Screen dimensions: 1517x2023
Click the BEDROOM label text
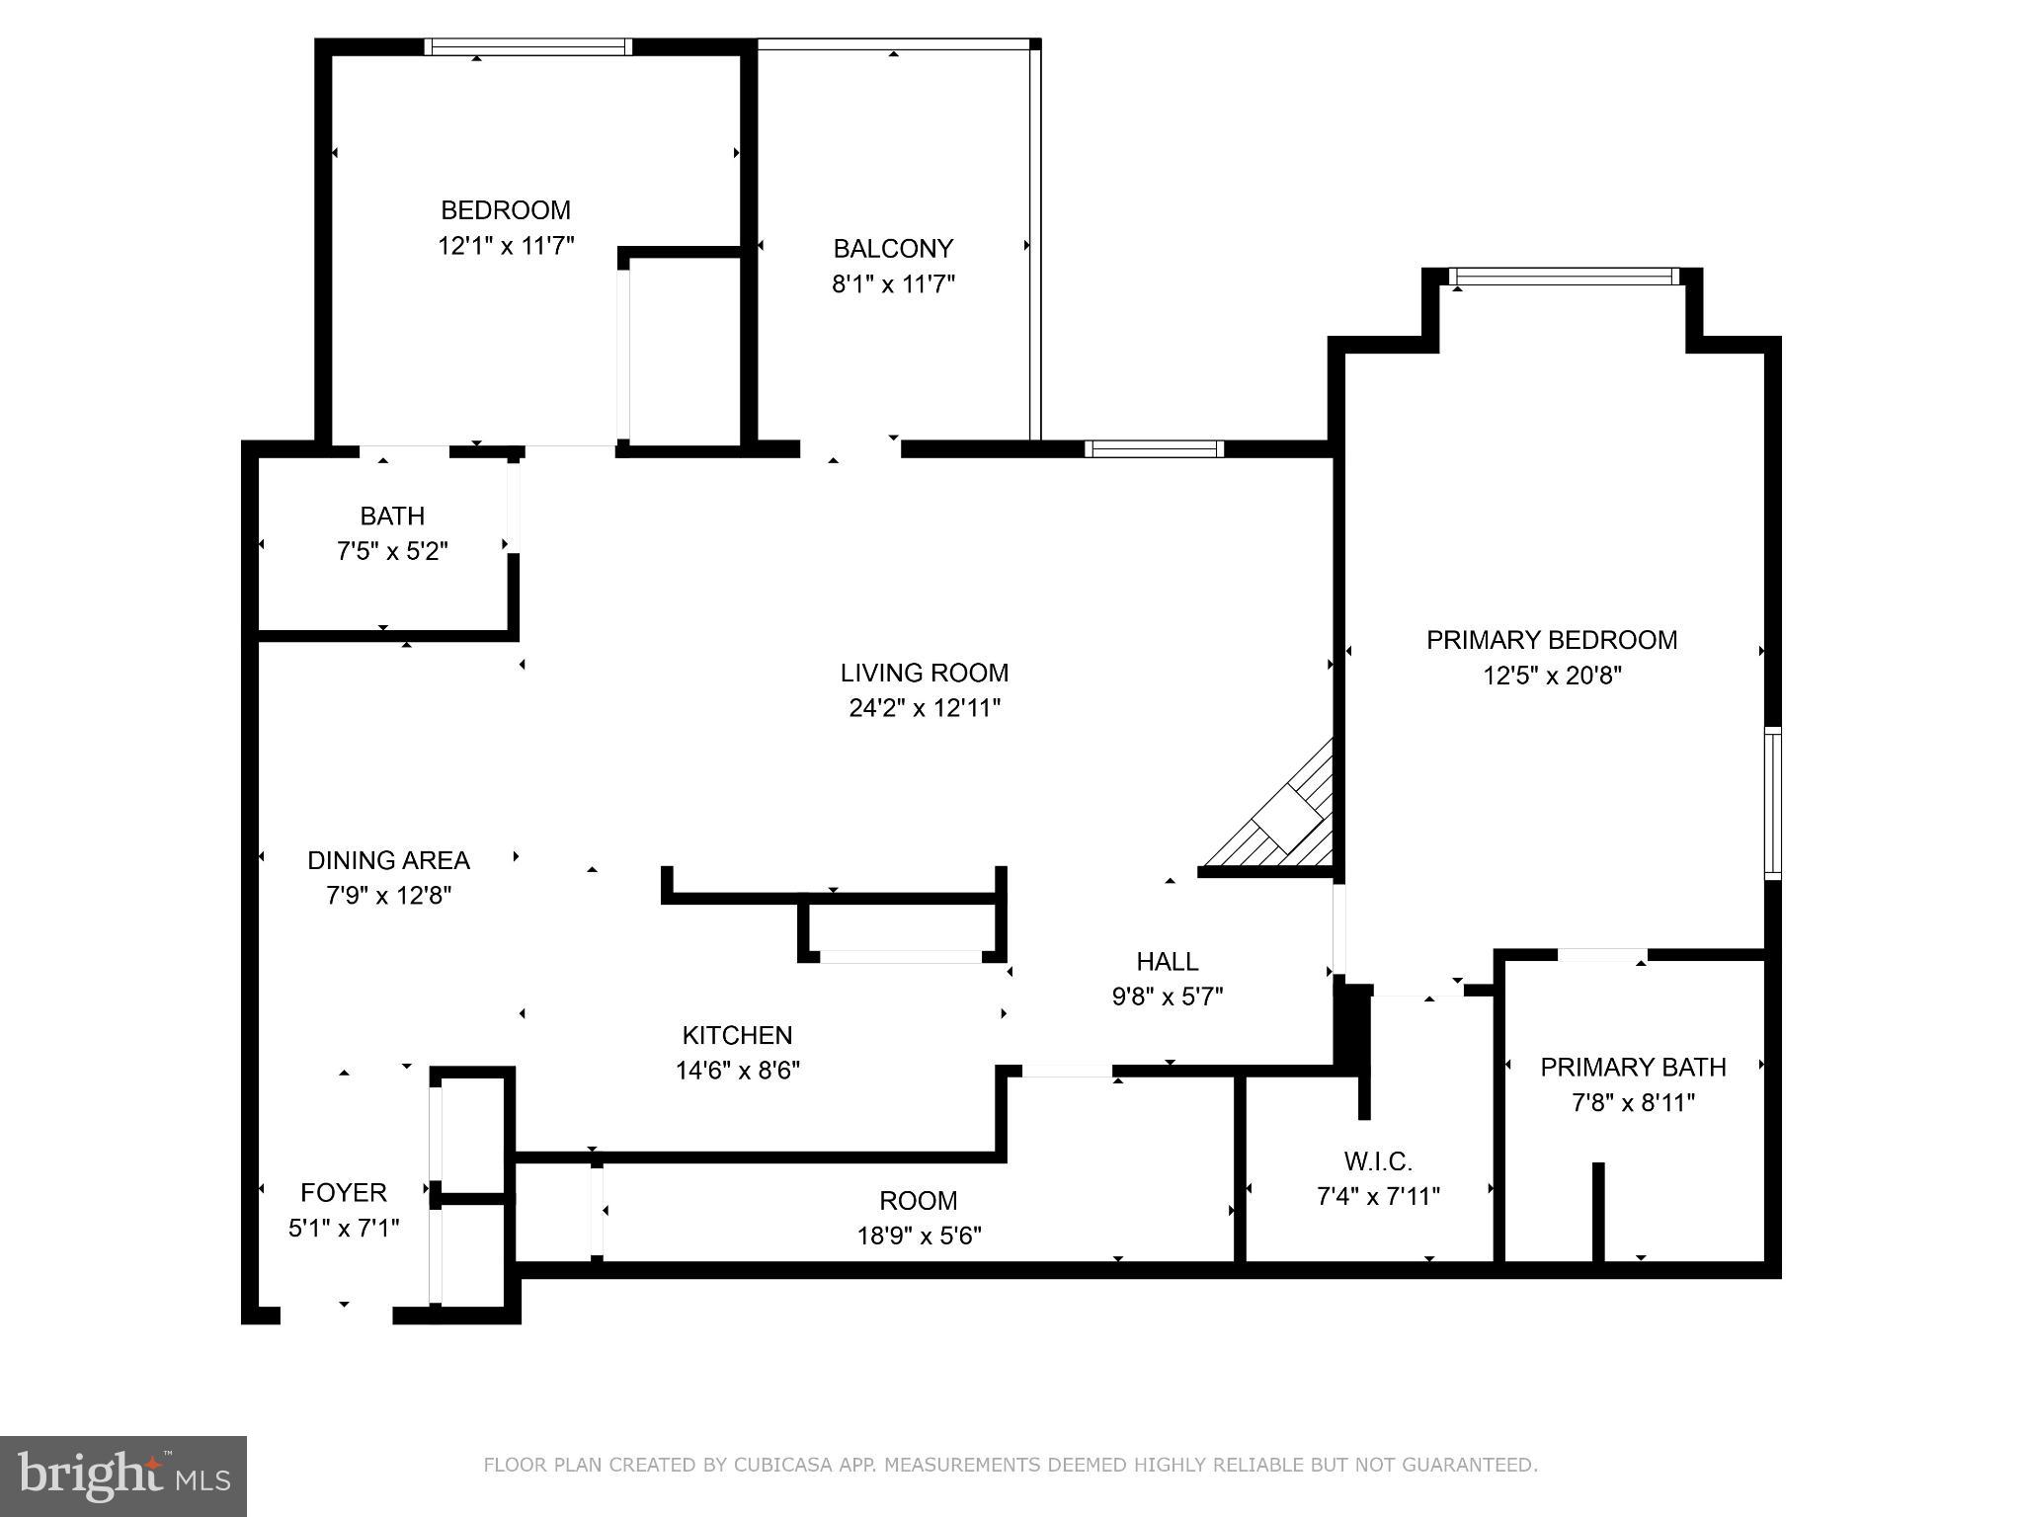[505, 210]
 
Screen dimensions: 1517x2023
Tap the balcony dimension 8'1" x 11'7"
[893, 284]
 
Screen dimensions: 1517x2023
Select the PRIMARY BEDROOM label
[1551, 640]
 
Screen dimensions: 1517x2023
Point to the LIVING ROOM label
[924, 673]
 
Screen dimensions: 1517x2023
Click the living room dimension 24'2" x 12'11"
[924, 708]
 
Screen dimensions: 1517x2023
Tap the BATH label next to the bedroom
[392, 516]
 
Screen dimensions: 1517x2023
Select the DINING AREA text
[388, 860]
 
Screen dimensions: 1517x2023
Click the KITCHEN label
[737, 1035]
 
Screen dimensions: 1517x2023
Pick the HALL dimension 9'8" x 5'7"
[1167, 997]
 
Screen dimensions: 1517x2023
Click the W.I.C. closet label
[1377, 1161]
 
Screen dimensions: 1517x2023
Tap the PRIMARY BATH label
[1633, 1067]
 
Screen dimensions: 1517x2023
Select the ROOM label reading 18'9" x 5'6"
[918, 1201]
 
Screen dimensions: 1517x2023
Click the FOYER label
[343, 1192]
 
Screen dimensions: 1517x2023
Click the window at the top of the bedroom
[528, 46]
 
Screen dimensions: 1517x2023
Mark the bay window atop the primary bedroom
[1565, 277]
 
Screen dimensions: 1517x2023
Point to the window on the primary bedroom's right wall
[1773, 803]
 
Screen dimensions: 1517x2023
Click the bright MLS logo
[123, 1476]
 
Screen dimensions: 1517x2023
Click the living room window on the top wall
[1154, 448]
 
